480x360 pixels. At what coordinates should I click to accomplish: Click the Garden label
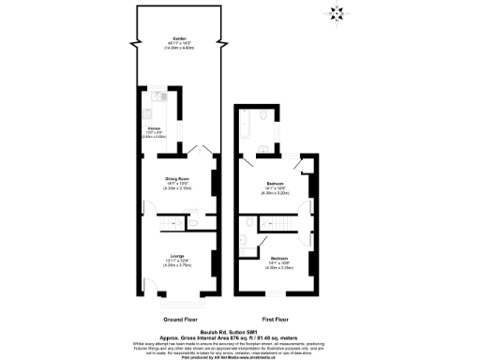tap(178, 39)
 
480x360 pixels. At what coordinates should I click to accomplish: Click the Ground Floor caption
tap(177, 319)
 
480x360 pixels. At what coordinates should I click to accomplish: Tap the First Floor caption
tap(275, 319)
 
